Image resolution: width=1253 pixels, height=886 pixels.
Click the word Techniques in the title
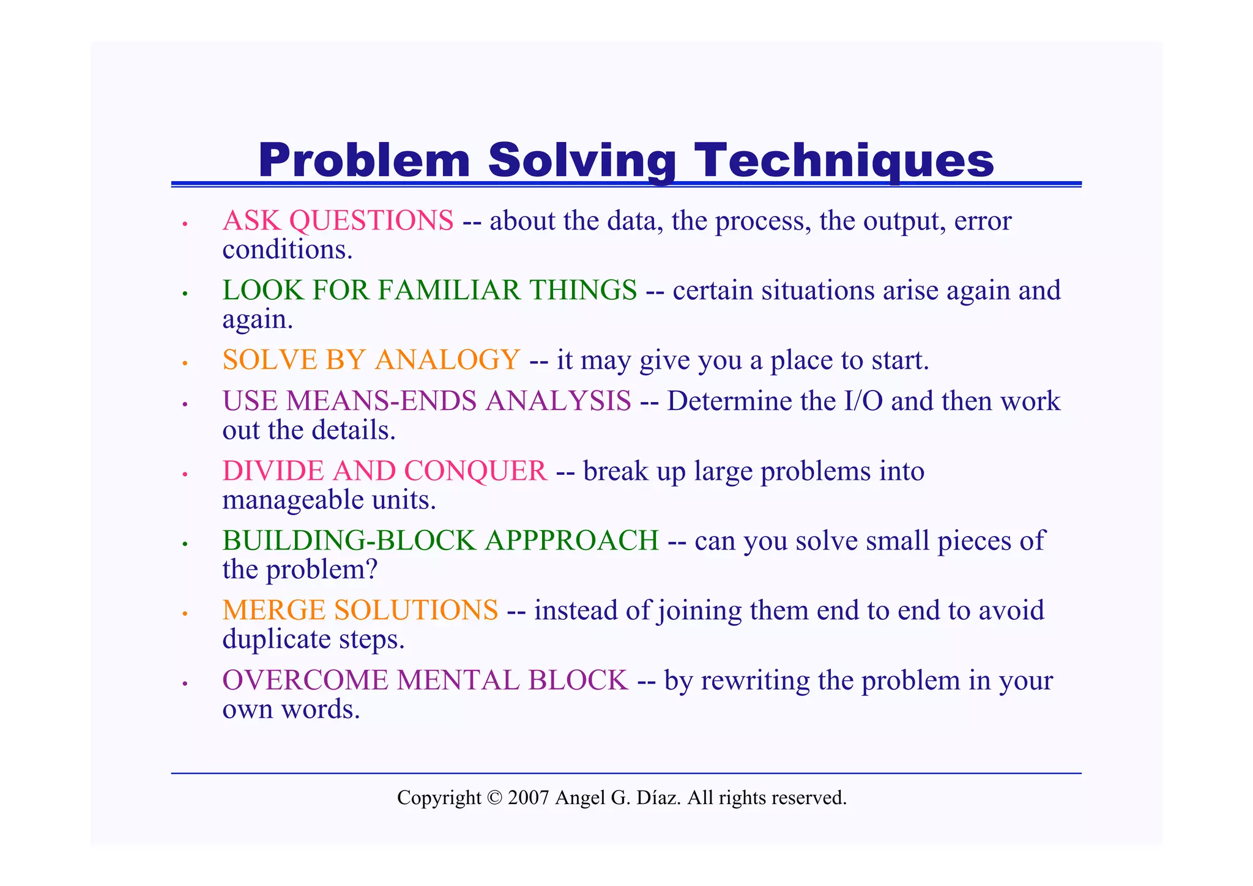coord(844,160)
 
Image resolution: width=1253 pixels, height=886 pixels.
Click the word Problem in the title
coord(364,160)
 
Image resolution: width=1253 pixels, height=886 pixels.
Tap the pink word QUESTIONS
coord(371,221)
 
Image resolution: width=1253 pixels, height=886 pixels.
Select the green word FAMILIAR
coord(449,291)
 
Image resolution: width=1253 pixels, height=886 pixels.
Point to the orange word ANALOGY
coord(447,360)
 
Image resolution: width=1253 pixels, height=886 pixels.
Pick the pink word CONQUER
coord(475,472)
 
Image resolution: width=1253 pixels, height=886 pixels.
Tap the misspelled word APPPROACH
coord(572,542)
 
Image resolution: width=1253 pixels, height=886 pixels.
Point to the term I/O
coord(863,402)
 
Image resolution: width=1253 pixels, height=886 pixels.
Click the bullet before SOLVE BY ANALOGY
coord(184,363)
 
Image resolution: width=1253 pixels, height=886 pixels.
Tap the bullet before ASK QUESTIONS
coord(184,225)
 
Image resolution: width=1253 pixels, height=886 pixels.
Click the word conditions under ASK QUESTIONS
coord(287,250)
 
